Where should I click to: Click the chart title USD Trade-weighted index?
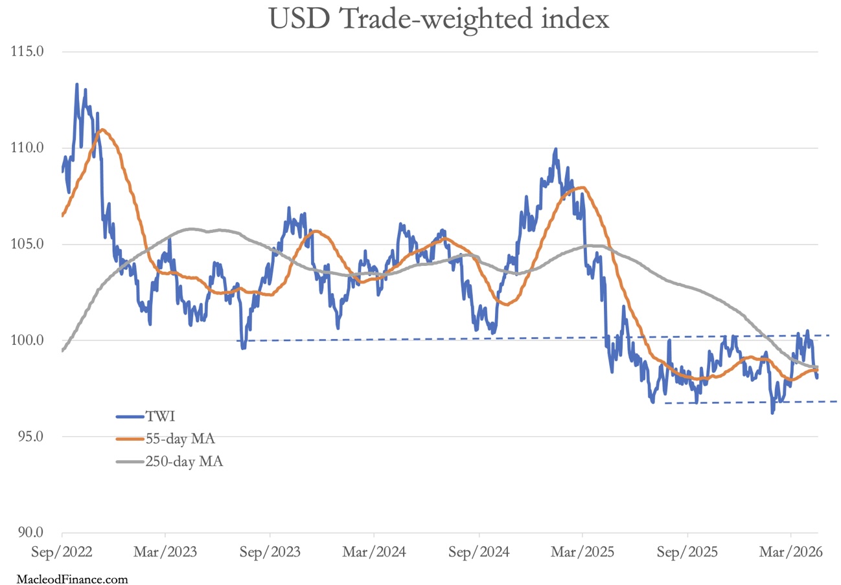click(439, 19)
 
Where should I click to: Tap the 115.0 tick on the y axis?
click(27, 51)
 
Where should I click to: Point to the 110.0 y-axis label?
click(27, 148)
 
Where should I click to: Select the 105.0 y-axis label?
click(27, 244)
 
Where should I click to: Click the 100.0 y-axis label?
click(27, 340)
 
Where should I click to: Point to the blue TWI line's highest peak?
click(76, 84)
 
